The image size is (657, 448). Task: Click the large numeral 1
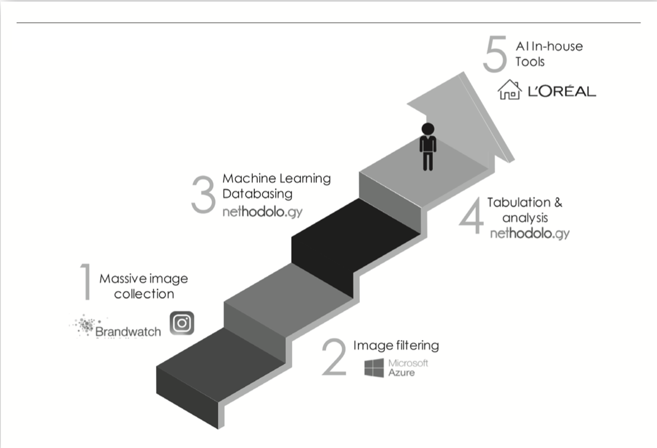[86, 281]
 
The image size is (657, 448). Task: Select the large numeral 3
[204, 195]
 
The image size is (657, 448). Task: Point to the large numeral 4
[472, 217]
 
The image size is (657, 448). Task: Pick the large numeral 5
[496, 54]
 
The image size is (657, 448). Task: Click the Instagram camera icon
[182, 323]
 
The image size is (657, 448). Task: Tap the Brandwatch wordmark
[128, 331]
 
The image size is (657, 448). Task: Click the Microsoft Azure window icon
[374, 367]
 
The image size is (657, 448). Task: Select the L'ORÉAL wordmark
[562, 91]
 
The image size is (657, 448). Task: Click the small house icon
[510, 90]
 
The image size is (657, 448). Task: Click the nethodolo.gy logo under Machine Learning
[262, 212]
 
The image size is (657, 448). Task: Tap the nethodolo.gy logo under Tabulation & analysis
[530, 233]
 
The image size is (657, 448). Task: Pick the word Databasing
[257, 193]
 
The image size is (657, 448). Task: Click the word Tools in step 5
[530, 61]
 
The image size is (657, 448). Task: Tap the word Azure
[402, 373]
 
